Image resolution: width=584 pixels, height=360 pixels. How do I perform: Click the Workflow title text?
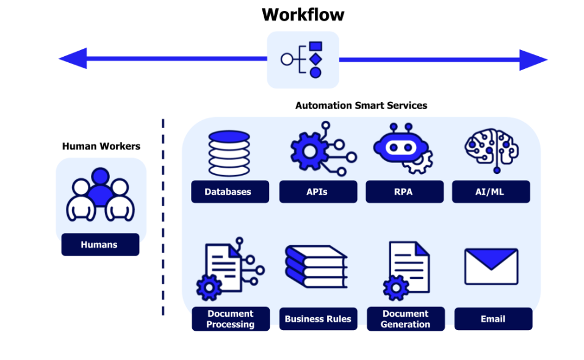[303, 14]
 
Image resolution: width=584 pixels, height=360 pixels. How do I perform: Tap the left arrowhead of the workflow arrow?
[73, 59]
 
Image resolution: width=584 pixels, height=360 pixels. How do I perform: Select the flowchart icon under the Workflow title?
[303, 59]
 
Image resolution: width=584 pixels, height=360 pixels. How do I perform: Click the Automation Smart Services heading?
[361, 106]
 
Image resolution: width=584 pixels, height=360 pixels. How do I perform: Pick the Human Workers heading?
[101, 146]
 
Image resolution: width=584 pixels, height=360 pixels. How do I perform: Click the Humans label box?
[99, 245]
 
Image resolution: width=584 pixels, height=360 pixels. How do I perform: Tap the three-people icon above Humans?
[100, 195]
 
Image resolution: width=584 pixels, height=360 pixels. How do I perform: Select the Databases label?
[228, 192]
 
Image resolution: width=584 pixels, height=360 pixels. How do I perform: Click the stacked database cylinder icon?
[229, 154]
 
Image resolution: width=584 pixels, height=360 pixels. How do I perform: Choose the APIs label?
[317, 192]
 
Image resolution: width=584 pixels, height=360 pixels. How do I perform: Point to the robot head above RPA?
[400, 146]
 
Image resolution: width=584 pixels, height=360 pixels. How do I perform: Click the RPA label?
[403, 192]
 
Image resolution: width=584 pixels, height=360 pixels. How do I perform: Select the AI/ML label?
[491, 192]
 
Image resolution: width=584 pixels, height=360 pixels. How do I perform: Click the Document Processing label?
[230, 319]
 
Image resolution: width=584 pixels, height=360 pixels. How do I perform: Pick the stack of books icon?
[315, 267]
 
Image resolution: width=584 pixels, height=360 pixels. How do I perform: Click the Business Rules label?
[318, 319]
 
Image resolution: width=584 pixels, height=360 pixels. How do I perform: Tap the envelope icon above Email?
[491, 267]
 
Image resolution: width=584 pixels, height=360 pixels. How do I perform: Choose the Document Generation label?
[405, 319]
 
